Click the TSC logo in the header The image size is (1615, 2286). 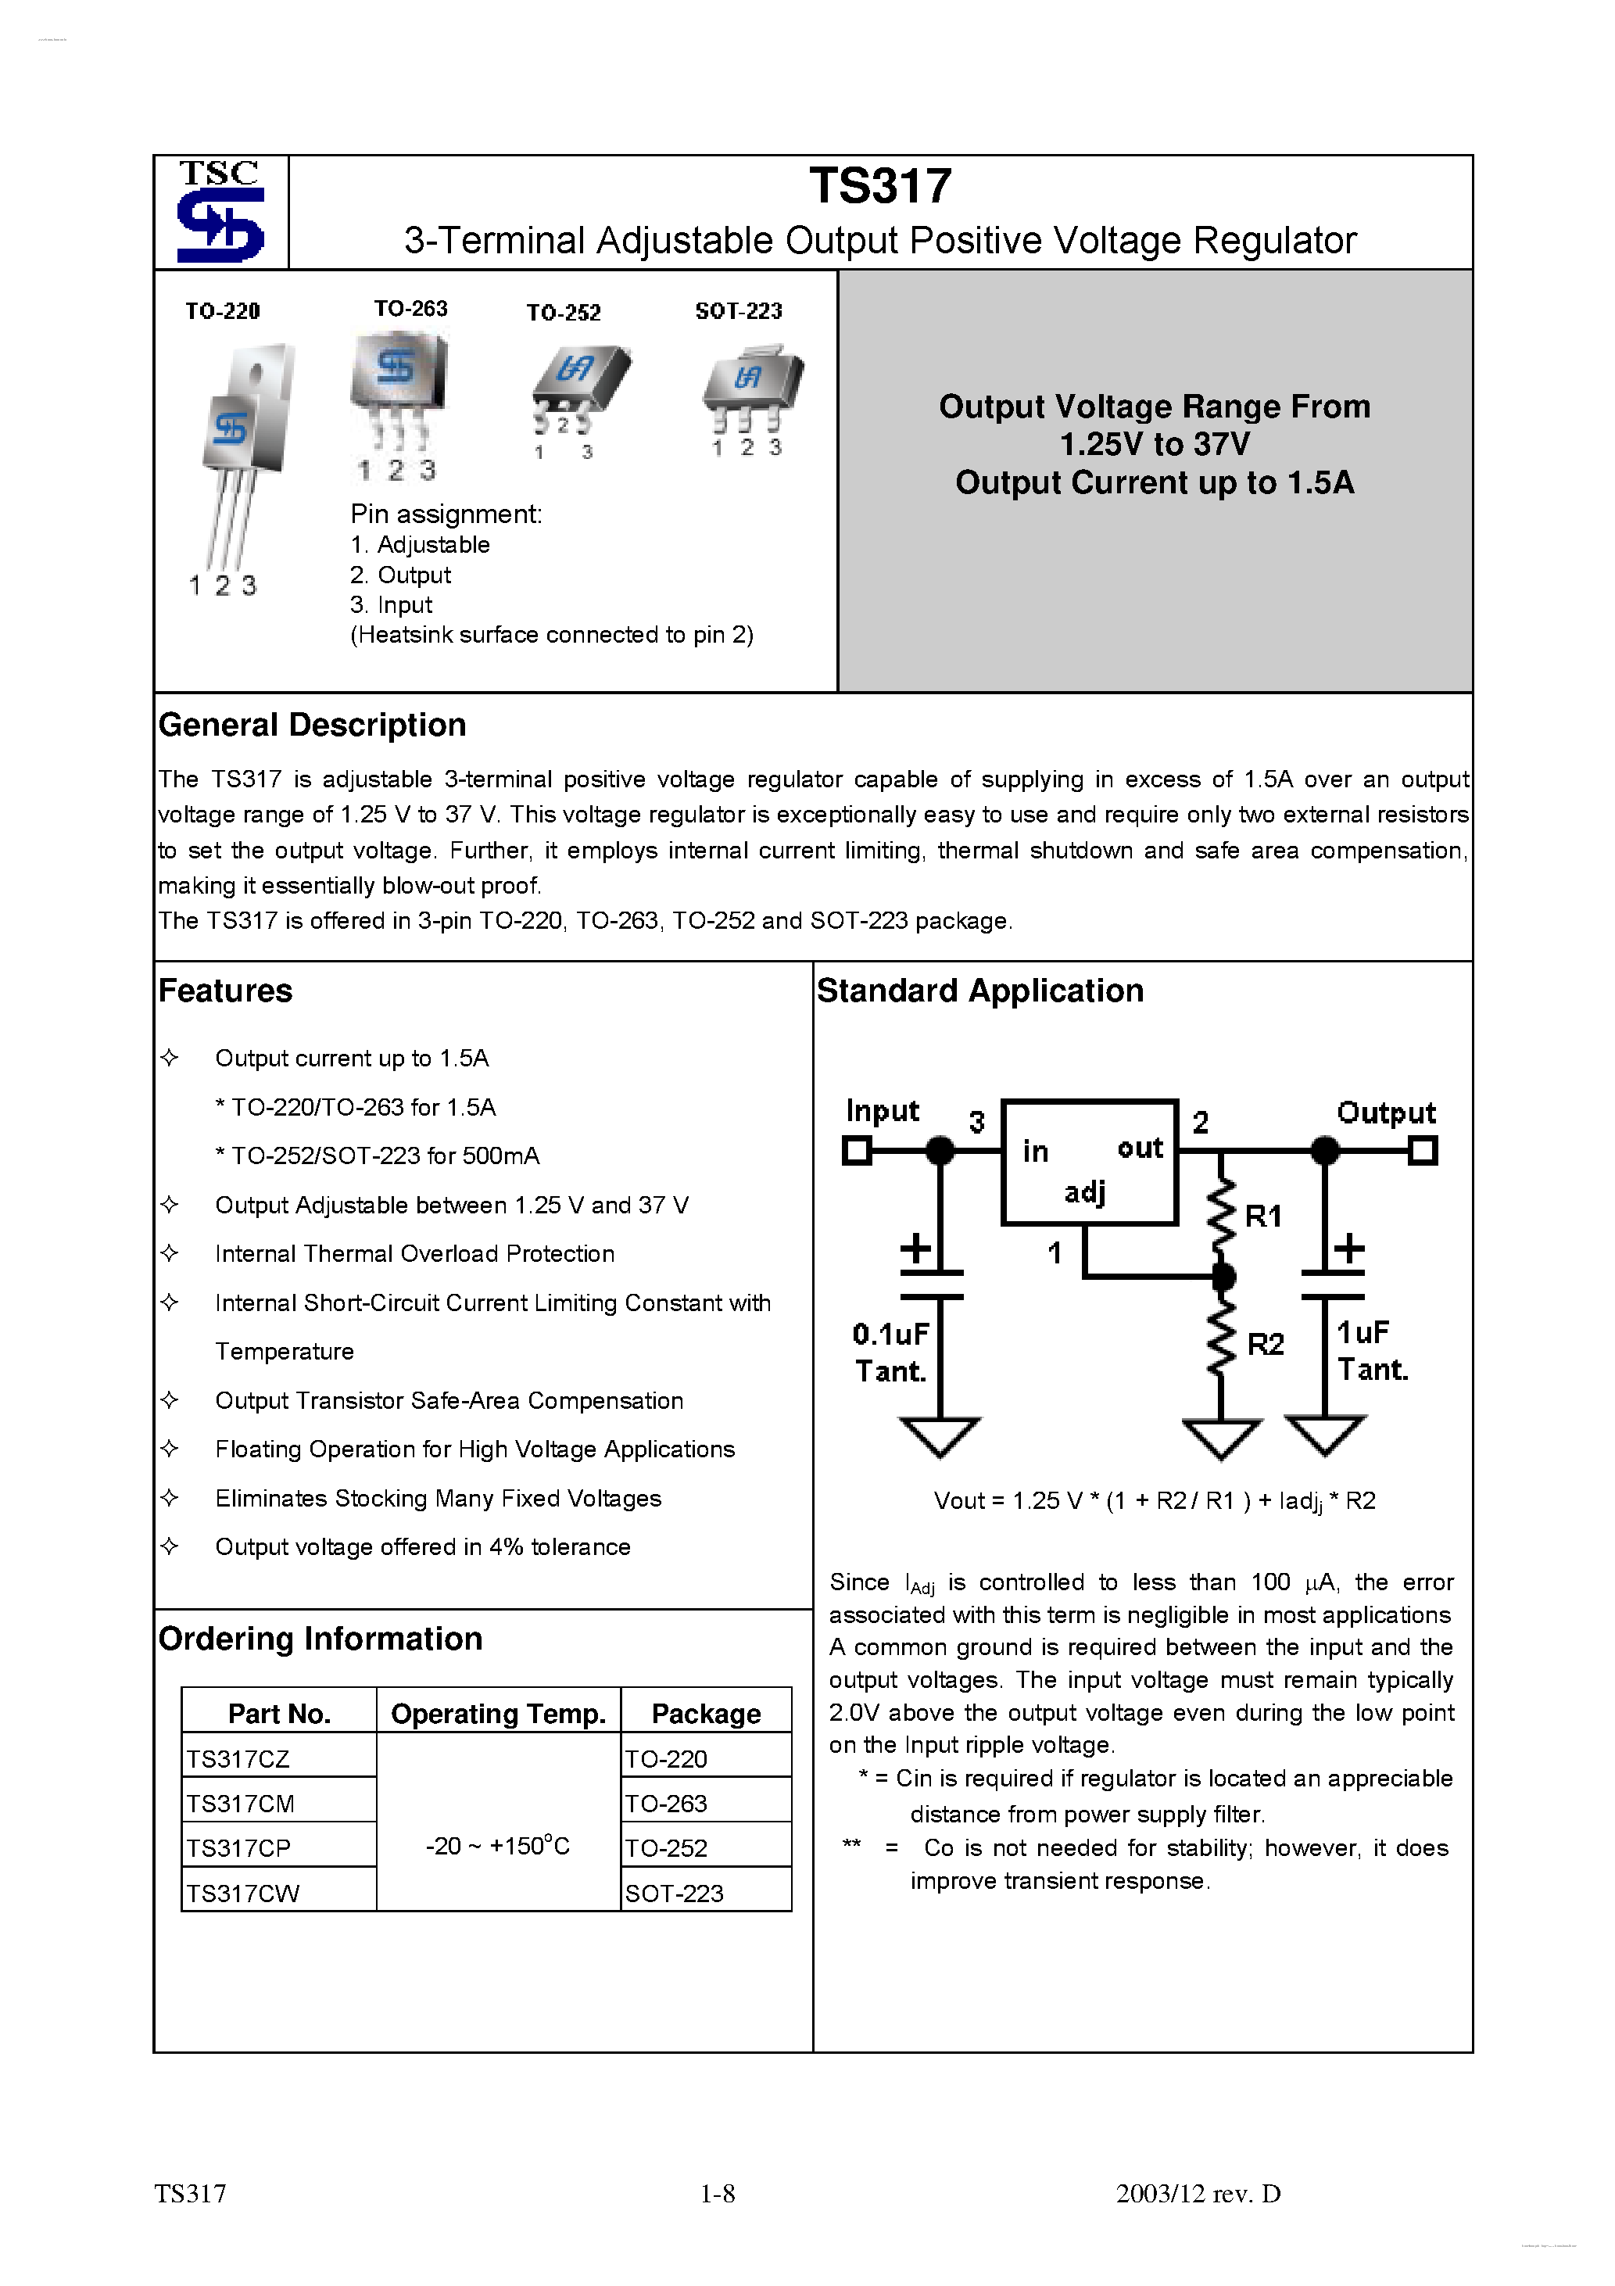pos(220,212)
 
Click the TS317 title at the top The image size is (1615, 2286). pos(879,186)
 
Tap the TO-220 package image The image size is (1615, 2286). pos(244,448)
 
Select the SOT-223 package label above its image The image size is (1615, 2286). pos(738,312)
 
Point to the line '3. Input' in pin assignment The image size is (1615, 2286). pos(392,605)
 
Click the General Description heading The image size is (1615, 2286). pos(312,725)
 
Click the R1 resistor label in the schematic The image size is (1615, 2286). pos(1262,1216)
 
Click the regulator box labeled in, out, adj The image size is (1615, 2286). pos(1089,1163)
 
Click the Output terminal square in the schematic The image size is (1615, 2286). pos(1423,1152)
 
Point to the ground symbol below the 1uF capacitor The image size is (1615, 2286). pos(1324,1435)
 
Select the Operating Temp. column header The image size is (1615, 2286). pos(498,1714)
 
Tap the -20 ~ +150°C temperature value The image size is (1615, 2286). pos(498,1847)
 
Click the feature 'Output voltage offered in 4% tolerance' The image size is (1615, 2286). pos(422,1547)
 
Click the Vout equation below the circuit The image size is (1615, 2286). pos(1153,1501)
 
